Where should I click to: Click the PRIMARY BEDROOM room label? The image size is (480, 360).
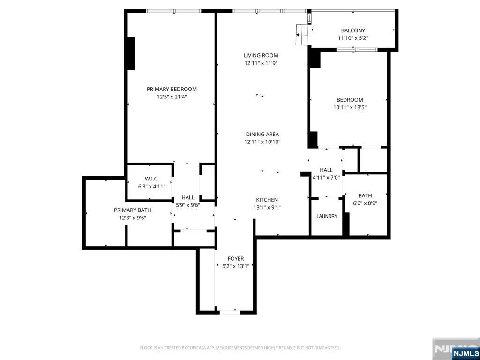click(x=172, y=89)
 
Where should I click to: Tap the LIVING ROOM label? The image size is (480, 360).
click(x=261, y=55)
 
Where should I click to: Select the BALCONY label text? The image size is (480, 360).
click(x=353, y=30)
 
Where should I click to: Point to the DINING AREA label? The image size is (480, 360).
click(x=262, y=134)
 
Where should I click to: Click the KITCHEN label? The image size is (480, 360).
click(x=267, y=200)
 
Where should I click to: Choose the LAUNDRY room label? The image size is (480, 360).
click(x=327, y=216)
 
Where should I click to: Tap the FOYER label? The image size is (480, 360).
click(x=236, y=259)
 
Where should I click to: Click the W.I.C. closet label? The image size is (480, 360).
click(x=152, y=179)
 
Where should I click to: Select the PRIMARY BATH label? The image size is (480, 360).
click(x=133, y=210)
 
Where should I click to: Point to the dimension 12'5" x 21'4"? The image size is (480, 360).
click(x=172, y=97)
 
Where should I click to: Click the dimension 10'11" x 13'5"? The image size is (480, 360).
click(x=350, y=107)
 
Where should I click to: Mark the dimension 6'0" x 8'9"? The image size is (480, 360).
click(x=365, y=203)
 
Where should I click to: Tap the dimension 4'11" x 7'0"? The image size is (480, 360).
click(x=326, y=178)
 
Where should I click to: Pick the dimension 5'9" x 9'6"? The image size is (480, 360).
click(x=187, y=205)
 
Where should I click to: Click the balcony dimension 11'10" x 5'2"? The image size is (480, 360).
click(x=353, y=38)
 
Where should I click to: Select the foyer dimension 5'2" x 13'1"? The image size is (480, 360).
click(x=236, y=266)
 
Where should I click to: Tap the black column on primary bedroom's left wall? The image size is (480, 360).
click(x=131, y=53)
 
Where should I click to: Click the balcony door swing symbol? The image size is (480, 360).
click(x=302, y=35)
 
